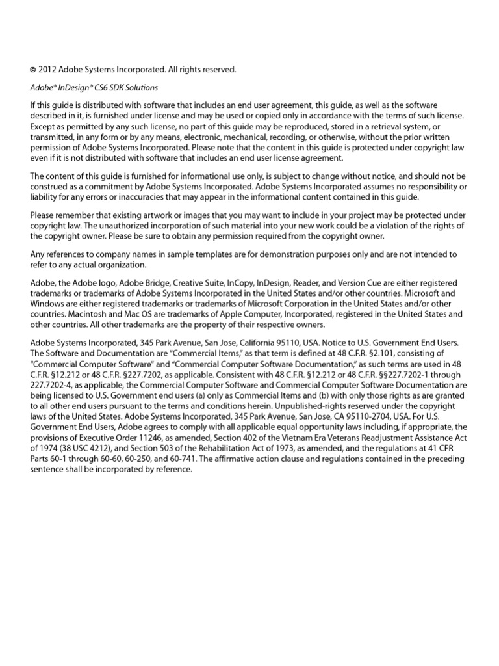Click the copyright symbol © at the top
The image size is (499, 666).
(x=33, y=69)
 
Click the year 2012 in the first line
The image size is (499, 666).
(x=49, y=69)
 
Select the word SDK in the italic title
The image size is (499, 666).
(x=118, y=87)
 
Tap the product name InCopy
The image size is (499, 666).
(x=239, y=283)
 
